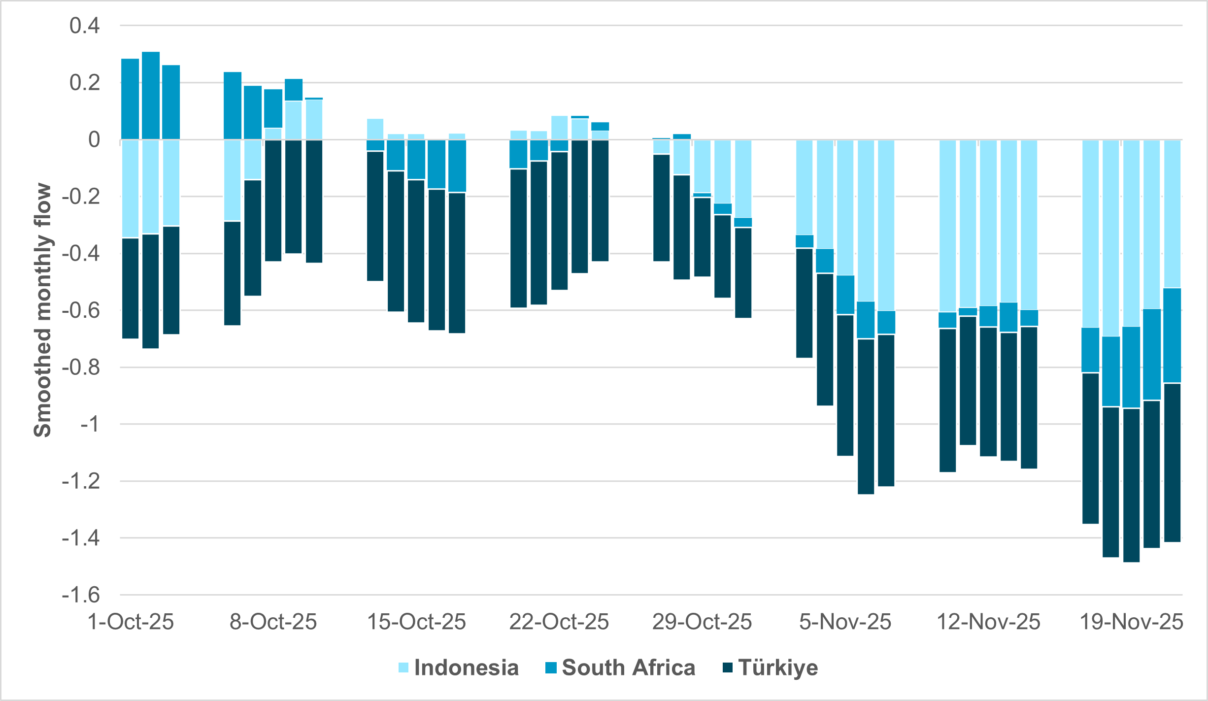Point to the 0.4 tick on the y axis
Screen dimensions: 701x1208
tap(85, 26)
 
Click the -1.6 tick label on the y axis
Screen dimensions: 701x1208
tap(81, 595)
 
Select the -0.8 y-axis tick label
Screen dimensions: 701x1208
tap(81, 367)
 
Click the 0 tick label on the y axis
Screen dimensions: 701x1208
tap(94, 140)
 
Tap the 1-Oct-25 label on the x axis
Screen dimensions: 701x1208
tap(131, 622)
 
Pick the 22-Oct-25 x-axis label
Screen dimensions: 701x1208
tap(559, 622)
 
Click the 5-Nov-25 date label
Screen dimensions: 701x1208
tap(845, 622)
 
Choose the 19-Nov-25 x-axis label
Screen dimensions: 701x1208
tap(1131, 622)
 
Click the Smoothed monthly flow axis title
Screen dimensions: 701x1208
tap(43, 310)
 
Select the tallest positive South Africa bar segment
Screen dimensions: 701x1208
tap(151, 96)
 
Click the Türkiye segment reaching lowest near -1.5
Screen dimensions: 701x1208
tap(1131, 485)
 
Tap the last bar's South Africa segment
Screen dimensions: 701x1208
tap(1172, 335)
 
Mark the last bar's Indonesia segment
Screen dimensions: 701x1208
tap(1172, 214)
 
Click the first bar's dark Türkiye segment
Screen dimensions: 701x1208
tap(130, 288)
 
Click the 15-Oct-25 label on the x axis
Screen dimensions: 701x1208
tap(416, 622)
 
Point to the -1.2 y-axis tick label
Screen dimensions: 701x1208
tap(81, 481)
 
